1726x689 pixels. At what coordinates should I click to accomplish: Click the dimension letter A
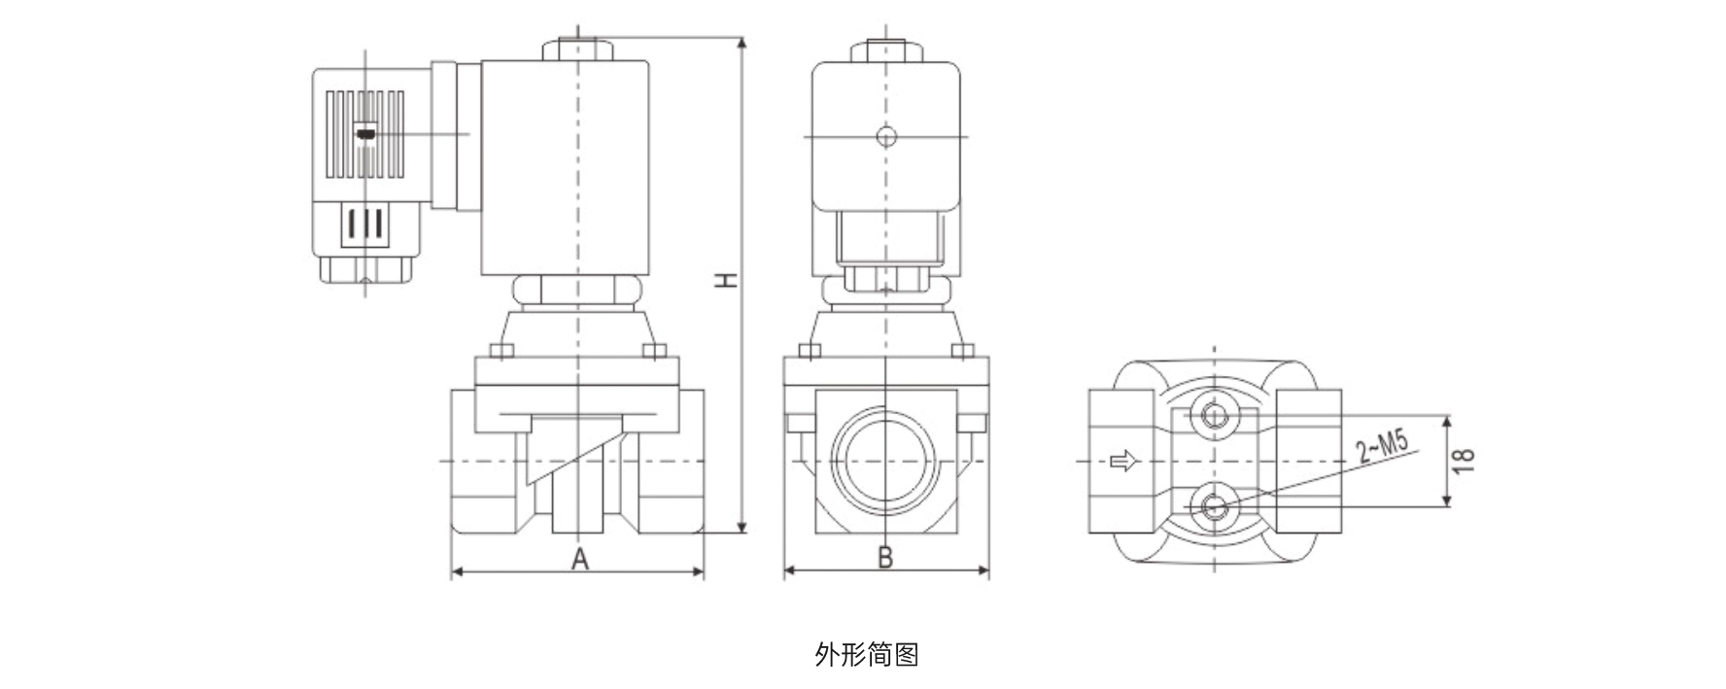[x=579, y=559]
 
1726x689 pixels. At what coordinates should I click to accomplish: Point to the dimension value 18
[x=1466, y=460]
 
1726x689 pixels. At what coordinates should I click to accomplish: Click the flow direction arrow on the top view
[x=1122, y=461]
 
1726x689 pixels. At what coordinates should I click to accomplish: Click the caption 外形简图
[x=866, y=655]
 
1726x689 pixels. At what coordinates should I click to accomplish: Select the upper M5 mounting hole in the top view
[x=1214, y=416]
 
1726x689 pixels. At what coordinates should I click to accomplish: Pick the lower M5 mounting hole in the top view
[x=1214, y=504]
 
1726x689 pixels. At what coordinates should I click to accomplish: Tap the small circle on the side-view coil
[x=885, y=137]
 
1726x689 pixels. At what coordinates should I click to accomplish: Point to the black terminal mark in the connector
[x=364, y=134]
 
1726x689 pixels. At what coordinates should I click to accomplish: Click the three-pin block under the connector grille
[x=364, y=224]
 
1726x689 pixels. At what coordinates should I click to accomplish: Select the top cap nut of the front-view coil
[x=577, y=50]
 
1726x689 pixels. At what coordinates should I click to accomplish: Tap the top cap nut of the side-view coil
[x=885, y=52]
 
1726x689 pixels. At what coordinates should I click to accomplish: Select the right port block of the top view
[x=1308, y=461]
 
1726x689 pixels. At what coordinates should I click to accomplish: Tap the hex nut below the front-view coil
[x=577, y=290]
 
